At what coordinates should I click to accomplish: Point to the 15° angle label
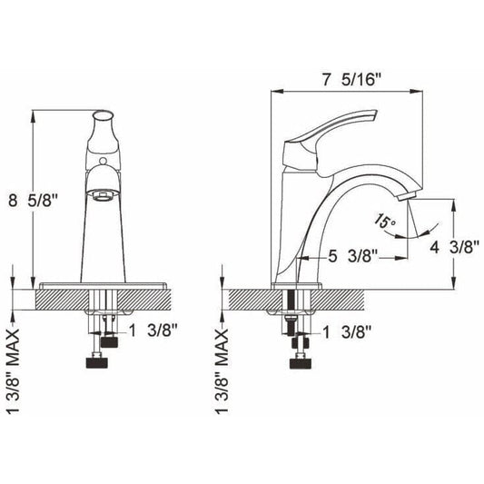(x=385, y=219)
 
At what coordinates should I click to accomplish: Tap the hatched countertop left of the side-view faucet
(x=250, y=298)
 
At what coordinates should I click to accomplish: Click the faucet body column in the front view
(x=104, y=236)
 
